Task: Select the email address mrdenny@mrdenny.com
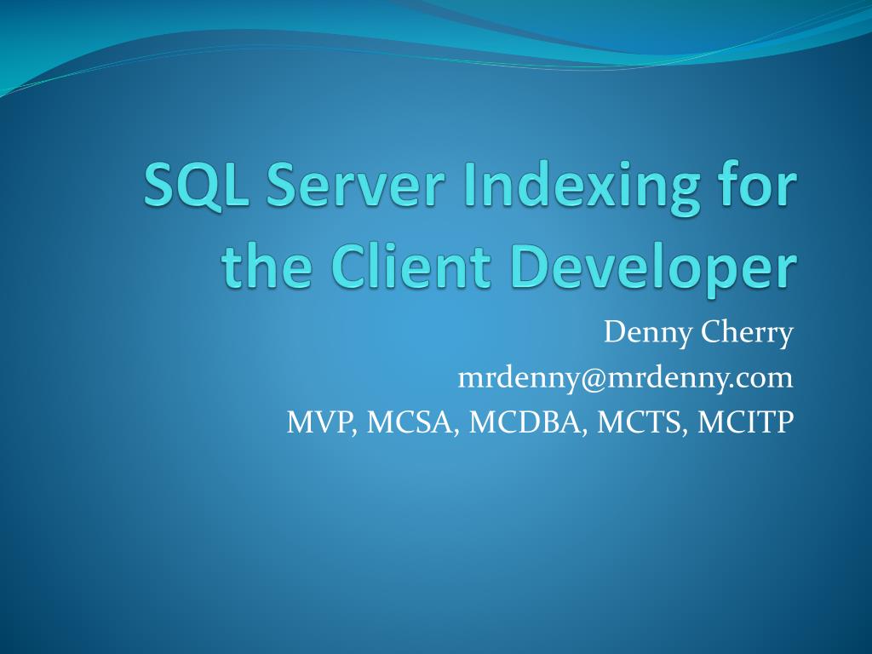tap(625, 377)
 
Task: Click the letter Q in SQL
tap(199, 186)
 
